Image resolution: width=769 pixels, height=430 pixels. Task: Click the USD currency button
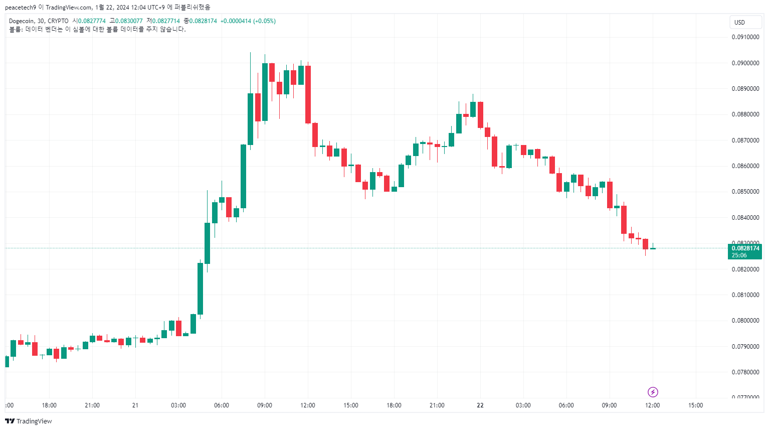pos(745,22)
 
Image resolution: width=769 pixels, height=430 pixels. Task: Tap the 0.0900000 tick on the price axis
pos(745,63)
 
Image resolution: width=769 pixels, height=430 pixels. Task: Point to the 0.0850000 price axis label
pos(745,192)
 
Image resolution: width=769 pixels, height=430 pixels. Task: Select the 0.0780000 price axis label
pos(745,372)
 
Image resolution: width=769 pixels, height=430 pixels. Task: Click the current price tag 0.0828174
pos(745,248)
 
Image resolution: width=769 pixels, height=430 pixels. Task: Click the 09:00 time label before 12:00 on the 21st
pos(265,405)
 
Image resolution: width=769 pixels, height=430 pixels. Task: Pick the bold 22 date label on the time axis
pos(480,405)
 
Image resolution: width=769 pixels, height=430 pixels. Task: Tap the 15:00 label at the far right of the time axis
pos(695,405)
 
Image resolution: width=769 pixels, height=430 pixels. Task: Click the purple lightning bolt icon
pos(653,392)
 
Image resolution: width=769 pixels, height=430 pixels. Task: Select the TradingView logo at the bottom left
pos(29,421)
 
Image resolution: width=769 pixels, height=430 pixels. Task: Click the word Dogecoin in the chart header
pos(22,21)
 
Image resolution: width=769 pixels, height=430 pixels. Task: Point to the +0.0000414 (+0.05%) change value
pos(248,21)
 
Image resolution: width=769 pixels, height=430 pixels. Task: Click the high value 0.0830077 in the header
pos(129,21)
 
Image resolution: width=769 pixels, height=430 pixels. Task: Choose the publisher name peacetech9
pos(20,8)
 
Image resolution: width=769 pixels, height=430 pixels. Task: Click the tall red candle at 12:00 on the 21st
pos(308,94)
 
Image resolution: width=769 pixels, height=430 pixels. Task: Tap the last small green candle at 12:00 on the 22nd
pos(653,248)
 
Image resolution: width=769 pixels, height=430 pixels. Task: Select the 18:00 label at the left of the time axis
pos(49,405)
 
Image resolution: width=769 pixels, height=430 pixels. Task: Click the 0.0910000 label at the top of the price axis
pos(745,37)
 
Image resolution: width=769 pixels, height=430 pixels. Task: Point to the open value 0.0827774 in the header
pos(92,21)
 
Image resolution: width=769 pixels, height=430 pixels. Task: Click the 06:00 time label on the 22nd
pos(566,405)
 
